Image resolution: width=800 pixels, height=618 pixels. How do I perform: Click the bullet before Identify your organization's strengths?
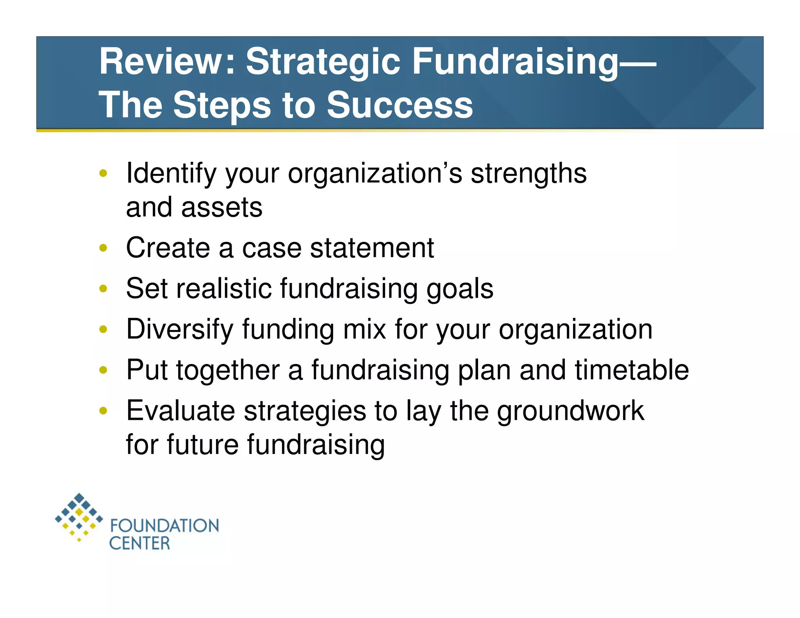(103, 173)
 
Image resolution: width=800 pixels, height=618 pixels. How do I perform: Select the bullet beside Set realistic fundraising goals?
(103, 289)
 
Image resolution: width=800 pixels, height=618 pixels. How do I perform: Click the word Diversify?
(180, 329)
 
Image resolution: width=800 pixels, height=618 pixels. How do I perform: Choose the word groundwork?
(570, 411)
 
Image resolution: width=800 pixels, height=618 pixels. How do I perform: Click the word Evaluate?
(180, 411)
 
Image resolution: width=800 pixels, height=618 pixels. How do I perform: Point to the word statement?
(371, 248)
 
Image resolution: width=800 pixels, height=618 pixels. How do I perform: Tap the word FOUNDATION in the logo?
(164, 526)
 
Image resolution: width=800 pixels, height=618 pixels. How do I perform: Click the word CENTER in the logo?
(139, 543)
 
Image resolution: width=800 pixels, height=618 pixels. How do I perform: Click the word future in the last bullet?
(202, 445)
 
